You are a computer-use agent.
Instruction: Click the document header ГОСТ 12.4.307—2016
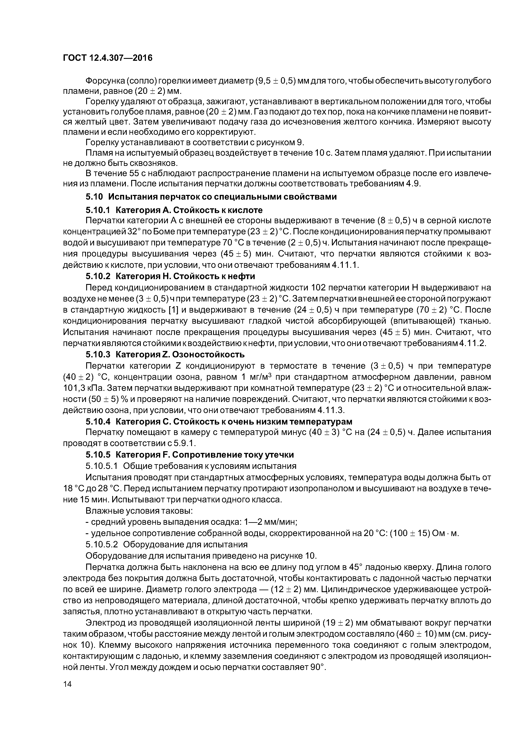click(x=108, y=58)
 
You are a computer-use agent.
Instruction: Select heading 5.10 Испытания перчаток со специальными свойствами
click(x=211, y=197)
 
